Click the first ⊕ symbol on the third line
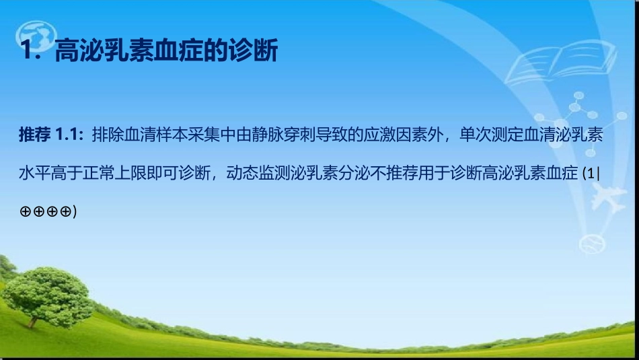click(x=26, y=212)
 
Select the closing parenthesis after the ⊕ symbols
click(x=75, y=212)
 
